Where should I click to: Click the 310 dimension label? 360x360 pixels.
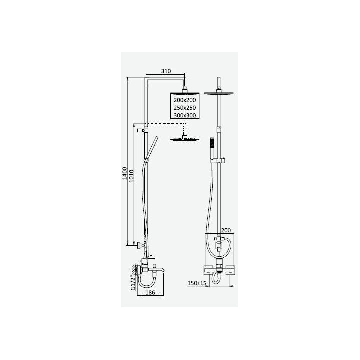166,71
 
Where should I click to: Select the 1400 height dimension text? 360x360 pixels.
124,173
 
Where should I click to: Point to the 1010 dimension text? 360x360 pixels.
131,176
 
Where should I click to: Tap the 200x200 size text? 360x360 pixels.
185,100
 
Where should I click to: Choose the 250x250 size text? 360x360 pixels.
185,108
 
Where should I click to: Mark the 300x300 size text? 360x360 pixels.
185,115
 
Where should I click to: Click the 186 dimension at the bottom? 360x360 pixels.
150,292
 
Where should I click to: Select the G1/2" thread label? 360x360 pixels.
133,283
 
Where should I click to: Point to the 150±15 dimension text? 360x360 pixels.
197,283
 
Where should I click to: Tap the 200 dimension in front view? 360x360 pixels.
226,230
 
